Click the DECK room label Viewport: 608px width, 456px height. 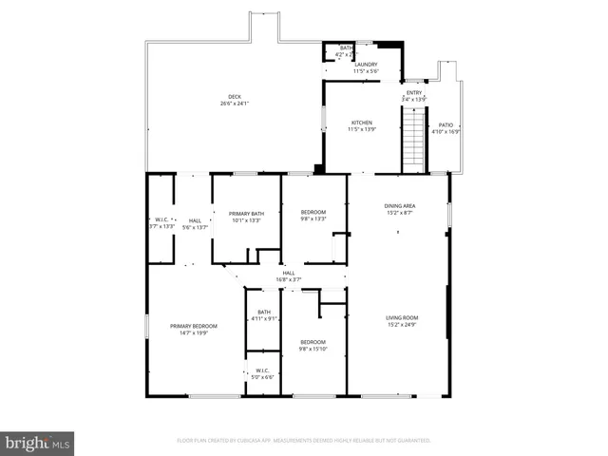pos(235,97)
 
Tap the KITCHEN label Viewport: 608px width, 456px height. pos(362,123)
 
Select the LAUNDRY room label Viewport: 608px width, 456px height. pos(366,65)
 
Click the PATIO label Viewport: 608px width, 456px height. pos(446,125)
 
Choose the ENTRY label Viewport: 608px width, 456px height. pos(414,92)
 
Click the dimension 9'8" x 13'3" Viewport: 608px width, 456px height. pos(313,219)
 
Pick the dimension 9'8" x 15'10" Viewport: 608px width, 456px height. pos(313,349)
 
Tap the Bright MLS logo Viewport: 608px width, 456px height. pos(38,443)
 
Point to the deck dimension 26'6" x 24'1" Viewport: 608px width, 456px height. pos(235,104)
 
